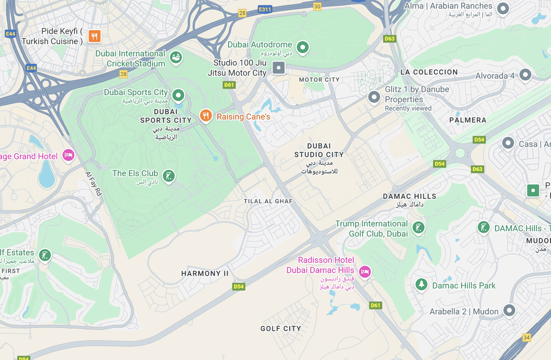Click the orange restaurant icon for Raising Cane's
tap(206, 116)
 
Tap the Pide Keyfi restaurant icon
tap(94, 36)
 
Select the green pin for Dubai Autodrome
tap(303, 47)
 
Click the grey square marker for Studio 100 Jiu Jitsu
tap(279, 67)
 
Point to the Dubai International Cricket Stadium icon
tap(176, 58)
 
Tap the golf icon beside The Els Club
tap(168, 176)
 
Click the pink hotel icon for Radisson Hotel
tap(364, 271)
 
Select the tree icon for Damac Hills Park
tap(421, 284)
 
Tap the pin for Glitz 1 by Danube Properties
tap(374, 97)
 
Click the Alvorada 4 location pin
tap(525, 75)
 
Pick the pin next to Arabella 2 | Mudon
tap(509, 310)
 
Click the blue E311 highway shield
tap(265, 9)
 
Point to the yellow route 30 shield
tap(317, 6)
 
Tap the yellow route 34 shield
tap(527, 338)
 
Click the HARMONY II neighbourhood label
tap(205, 274)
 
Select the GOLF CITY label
tap(281, 328)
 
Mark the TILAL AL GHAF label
tap(268, 201)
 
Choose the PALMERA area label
tap(468, 120)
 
